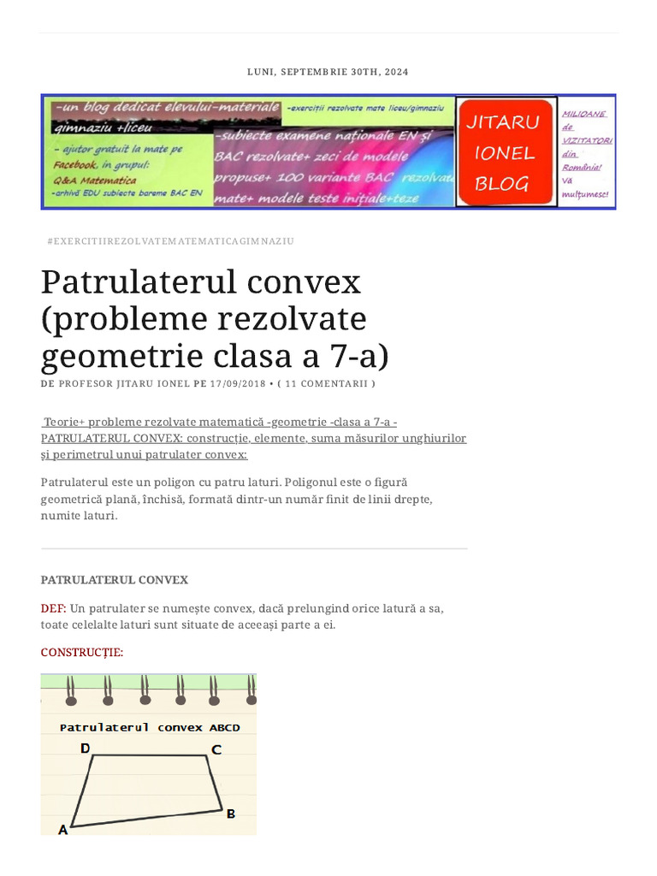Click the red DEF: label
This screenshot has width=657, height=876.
click(x=53, y=608)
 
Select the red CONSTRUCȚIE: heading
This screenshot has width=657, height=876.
click(x=82, y=653)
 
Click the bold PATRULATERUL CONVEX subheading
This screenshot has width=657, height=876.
click(x=115, y=580)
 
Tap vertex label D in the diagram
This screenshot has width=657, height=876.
click(x=85, y=748)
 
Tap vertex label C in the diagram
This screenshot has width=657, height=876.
click(x=216, y=750)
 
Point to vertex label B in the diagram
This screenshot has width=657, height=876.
click(x=231, y=814)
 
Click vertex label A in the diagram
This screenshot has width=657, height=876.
click(x=62, y=829)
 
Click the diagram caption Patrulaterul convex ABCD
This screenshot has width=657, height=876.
click(x=150, y=727)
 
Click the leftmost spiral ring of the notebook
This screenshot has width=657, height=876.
click(x=71, y=690)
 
